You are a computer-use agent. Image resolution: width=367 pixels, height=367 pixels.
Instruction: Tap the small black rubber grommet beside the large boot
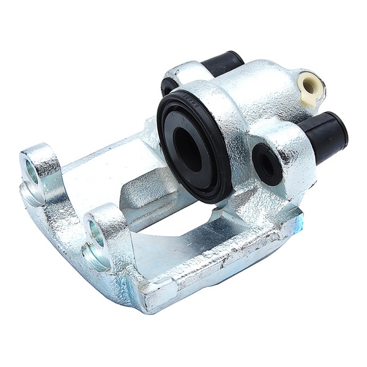click(x=267, y=163)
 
